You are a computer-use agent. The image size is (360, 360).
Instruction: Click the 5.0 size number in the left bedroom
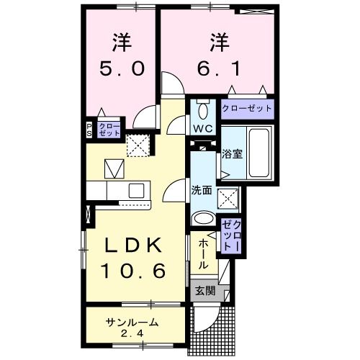[x=122, y=68]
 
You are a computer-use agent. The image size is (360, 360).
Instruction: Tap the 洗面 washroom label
[x=201, y=190]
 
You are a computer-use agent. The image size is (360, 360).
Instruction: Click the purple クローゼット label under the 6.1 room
[x=247, y=108]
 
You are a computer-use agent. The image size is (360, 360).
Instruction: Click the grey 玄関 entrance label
[x=204, y=291]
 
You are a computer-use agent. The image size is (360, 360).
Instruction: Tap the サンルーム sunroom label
[x=132, y=322]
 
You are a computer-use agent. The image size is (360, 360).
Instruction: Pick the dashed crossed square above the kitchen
[x=137, y=145]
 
